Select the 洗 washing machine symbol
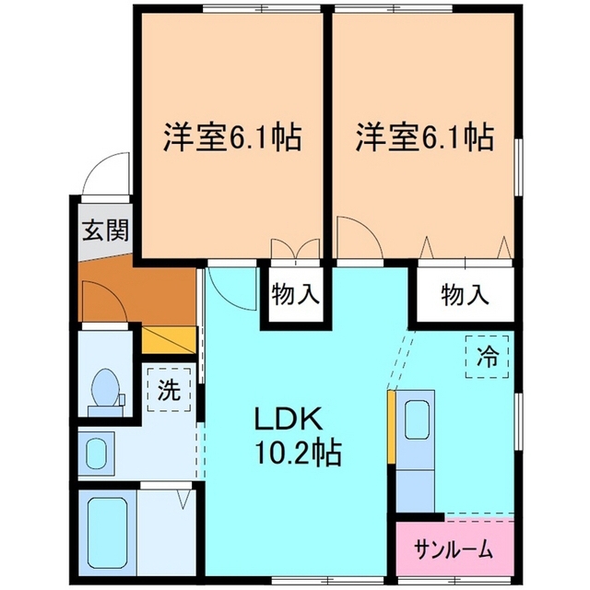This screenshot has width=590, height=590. coord(168,390)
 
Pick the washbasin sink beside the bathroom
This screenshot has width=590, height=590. coord(96,453)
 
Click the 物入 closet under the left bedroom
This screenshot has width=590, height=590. coord(295,295)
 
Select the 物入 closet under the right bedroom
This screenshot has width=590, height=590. coord(464,295)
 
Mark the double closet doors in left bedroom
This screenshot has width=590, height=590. coord(295,251)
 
